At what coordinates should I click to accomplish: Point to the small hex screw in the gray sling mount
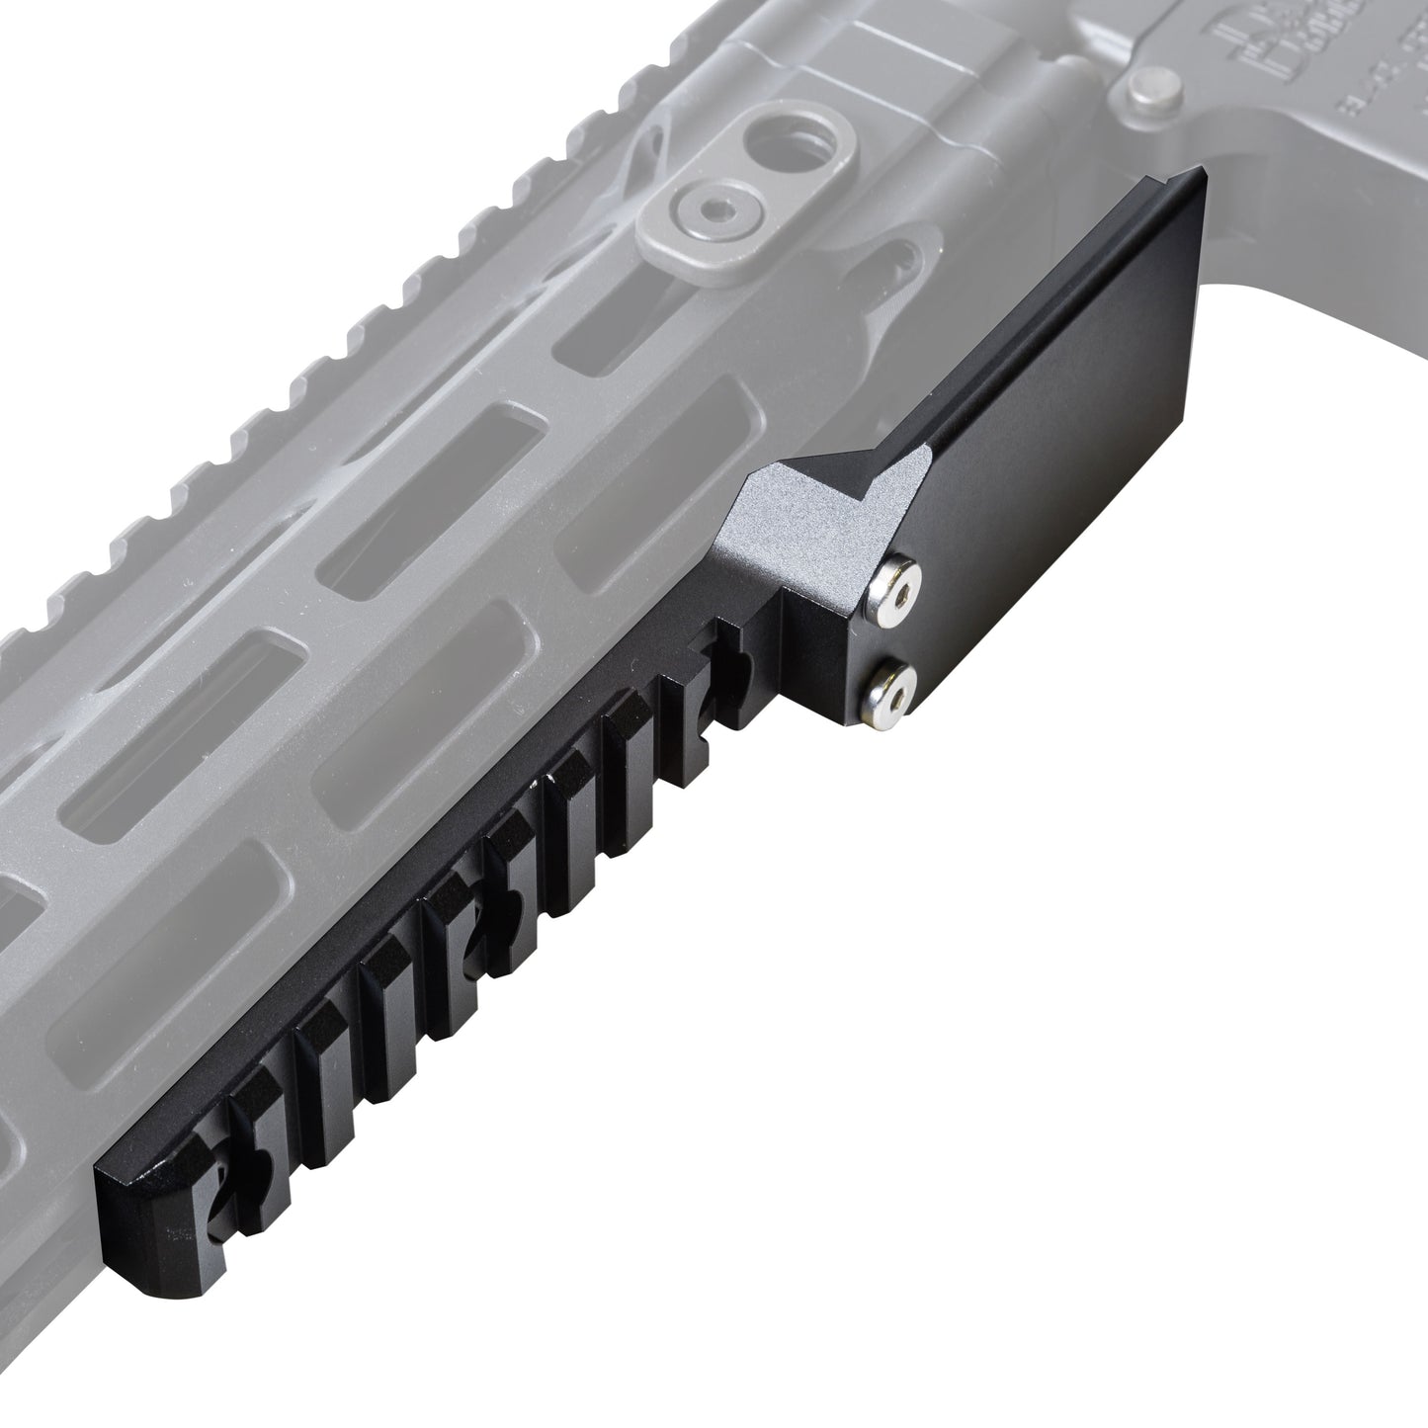click(x=703, y=207)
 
